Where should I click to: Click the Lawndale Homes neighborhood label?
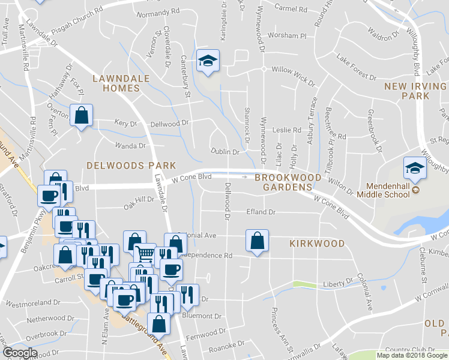click(116, 83)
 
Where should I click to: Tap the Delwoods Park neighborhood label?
click(131, 165)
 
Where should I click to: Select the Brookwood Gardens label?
click(288, 182)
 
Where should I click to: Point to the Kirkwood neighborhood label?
click(317, 244)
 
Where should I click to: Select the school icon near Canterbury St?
click(208, 61)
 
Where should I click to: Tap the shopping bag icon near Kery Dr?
click(80, 115)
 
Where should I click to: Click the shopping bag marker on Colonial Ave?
click(256, 241)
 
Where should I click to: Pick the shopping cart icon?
click(144, 254)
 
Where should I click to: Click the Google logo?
click(19, 353)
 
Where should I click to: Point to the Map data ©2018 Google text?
click(412, 355)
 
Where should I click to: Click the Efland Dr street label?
click(261, 212)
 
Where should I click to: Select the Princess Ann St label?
click(281, 329)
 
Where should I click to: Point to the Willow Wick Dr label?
click(294, 74)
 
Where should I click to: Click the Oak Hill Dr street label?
click(139, 203)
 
